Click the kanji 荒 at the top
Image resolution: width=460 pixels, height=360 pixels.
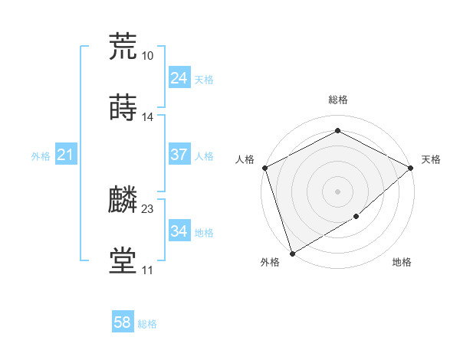coord(123,46)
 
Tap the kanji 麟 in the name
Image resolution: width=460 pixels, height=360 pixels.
coord(123,200)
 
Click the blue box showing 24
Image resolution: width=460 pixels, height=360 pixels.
coord(179,78)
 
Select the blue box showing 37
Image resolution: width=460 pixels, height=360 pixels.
coord(179,155)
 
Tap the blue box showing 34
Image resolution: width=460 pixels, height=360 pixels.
coord(179,231)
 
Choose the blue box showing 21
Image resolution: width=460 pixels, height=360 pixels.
coord(65,155)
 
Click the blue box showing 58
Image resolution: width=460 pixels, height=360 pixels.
coord(123,323)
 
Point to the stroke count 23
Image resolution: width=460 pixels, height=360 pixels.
coord(148,208)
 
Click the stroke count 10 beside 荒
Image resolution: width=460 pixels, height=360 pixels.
coord(147,55)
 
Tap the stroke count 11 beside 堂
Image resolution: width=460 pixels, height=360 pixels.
coord(147,270)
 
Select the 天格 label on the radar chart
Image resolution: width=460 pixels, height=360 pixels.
coord(431,159)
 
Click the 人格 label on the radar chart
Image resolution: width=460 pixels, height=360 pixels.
coord(245,159)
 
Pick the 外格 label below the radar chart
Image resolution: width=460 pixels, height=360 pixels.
coord(270,263)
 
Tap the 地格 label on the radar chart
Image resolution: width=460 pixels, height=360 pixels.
coord(402,263)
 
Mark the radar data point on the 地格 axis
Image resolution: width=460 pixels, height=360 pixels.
coord(356,217)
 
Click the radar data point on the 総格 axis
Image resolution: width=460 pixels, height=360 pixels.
coord(337,131)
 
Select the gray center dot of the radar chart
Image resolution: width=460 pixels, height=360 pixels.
coord(337,191)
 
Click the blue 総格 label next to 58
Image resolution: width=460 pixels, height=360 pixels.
coord(147,324)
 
